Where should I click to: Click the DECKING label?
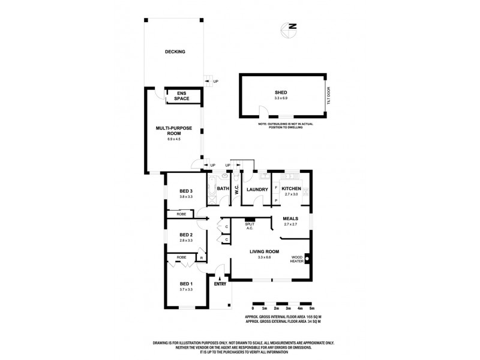(x=175, y=52)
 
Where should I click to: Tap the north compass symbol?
(x=291, y=26)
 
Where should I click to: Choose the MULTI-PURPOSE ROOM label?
(x=173, y=131)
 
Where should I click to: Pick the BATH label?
(x=223, y=190)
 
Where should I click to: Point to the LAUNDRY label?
(x=256, y=190)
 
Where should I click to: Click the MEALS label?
(x=290, y=219)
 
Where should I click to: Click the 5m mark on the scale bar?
(x=313, y=308)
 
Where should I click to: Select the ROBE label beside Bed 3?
(x=180, y=214)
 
